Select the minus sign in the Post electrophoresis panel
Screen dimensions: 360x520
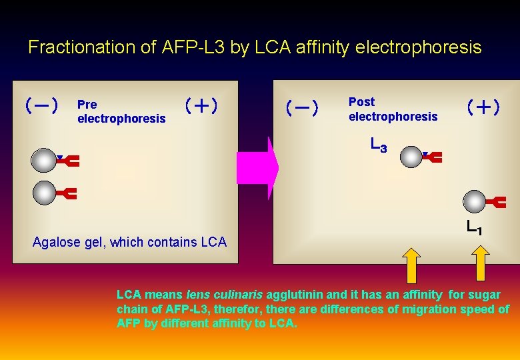303,107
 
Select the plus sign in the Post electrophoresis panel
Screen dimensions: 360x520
483,107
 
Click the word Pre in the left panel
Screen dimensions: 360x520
87,105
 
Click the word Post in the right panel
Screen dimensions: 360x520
361,102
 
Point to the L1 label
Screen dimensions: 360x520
474,228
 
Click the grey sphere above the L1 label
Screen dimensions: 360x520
474,201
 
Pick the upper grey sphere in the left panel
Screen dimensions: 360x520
43,161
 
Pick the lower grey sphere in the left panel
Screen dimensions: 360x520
45,193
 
